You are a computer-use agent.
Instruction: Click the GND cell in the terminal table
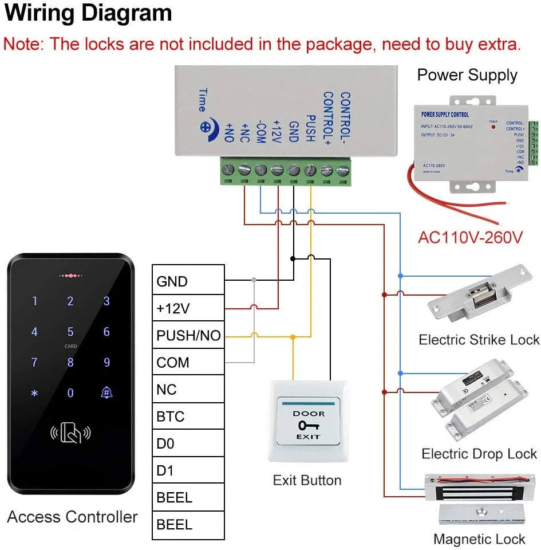(x=188, y=281)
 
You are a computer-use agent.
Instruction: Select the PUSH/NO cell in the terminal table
(x=188, y=336)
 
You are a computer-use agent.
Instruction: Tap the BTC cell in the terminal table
(x=188, y=417)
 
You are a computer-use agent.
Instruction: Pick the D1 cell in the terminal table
(x=188, y=470)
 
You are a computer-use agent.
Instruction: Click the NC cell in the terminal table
(x=188, y=390)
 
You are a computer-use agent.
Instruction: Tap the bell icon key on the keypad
(x=106, y=392)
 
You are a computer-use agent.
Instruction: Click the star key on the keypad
(x=34, y=393)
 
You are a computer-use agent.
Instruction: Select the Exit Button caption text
(x=307, y=480)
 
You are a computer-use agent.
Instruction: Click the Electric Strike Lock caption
(x=479, y=340)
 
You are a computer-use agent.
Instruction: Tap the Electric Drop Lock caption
(x=479, y=454)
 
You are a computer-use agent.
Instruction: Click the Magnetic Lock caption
(x=479, y=539)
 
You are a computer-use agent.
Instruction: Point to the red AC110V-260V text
(x=471, y=237)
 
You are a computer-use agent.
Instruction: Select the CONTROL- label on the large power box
(x=345, y=117)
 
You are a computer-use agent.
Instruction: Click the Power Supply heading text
(x=467, y=75)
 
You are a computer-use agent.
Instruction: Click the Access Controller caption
(x=72, y=517)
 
